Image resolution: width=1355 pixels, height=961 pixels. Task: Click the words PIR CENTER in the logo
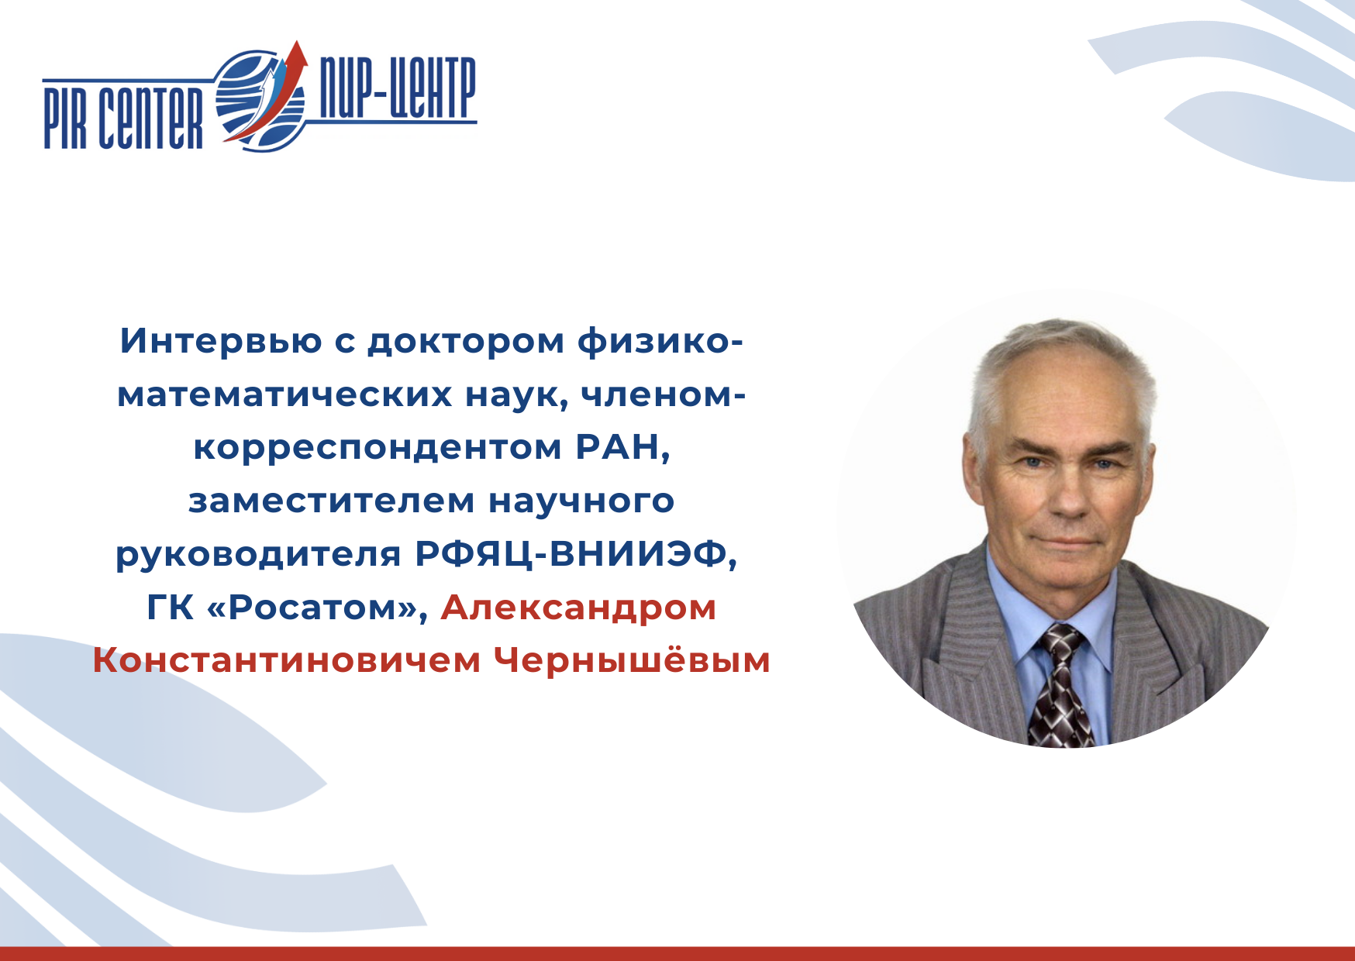[x=122, y=117]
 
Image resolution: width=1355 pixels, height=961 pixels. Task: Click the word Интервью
[x=221, y=342]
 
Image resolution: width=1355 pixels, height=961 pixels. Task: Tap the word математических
[x=284, y=395]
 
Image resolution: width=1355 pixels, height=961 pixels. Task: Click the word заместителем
[x=332, y=501]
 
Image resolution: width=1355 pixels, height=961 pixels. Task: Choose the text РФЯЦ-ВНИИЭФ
[x=576, y=554]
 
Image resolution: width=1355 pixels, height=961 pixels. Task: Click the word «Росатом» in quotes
[x=319, y=608]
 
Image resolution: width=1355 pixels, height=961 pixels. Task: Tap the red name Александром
[x=578, y=608]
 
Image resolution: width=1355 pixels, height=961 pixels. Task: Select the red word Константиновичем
[x=286, y=661]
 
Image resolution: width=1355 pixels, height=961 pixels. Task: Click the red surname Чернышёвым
[x=632, y=661]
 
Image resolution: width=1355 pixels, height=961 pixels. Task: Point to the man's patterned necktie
[x=1060, y=686]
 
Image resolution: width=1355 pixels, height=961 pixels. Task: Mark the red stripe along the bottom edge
[x=677, y=954]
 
